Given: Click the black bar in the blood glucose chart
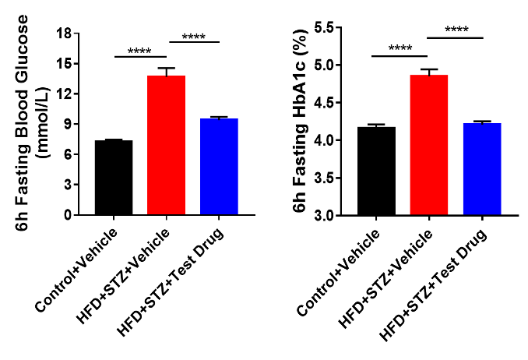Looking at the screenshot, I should [x=114, y=178].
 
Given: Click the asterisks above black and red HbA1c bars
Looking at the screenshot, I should [x=400, y=48].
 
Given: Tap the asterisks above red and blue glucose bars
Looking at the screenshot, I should [x=194, y=35].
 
